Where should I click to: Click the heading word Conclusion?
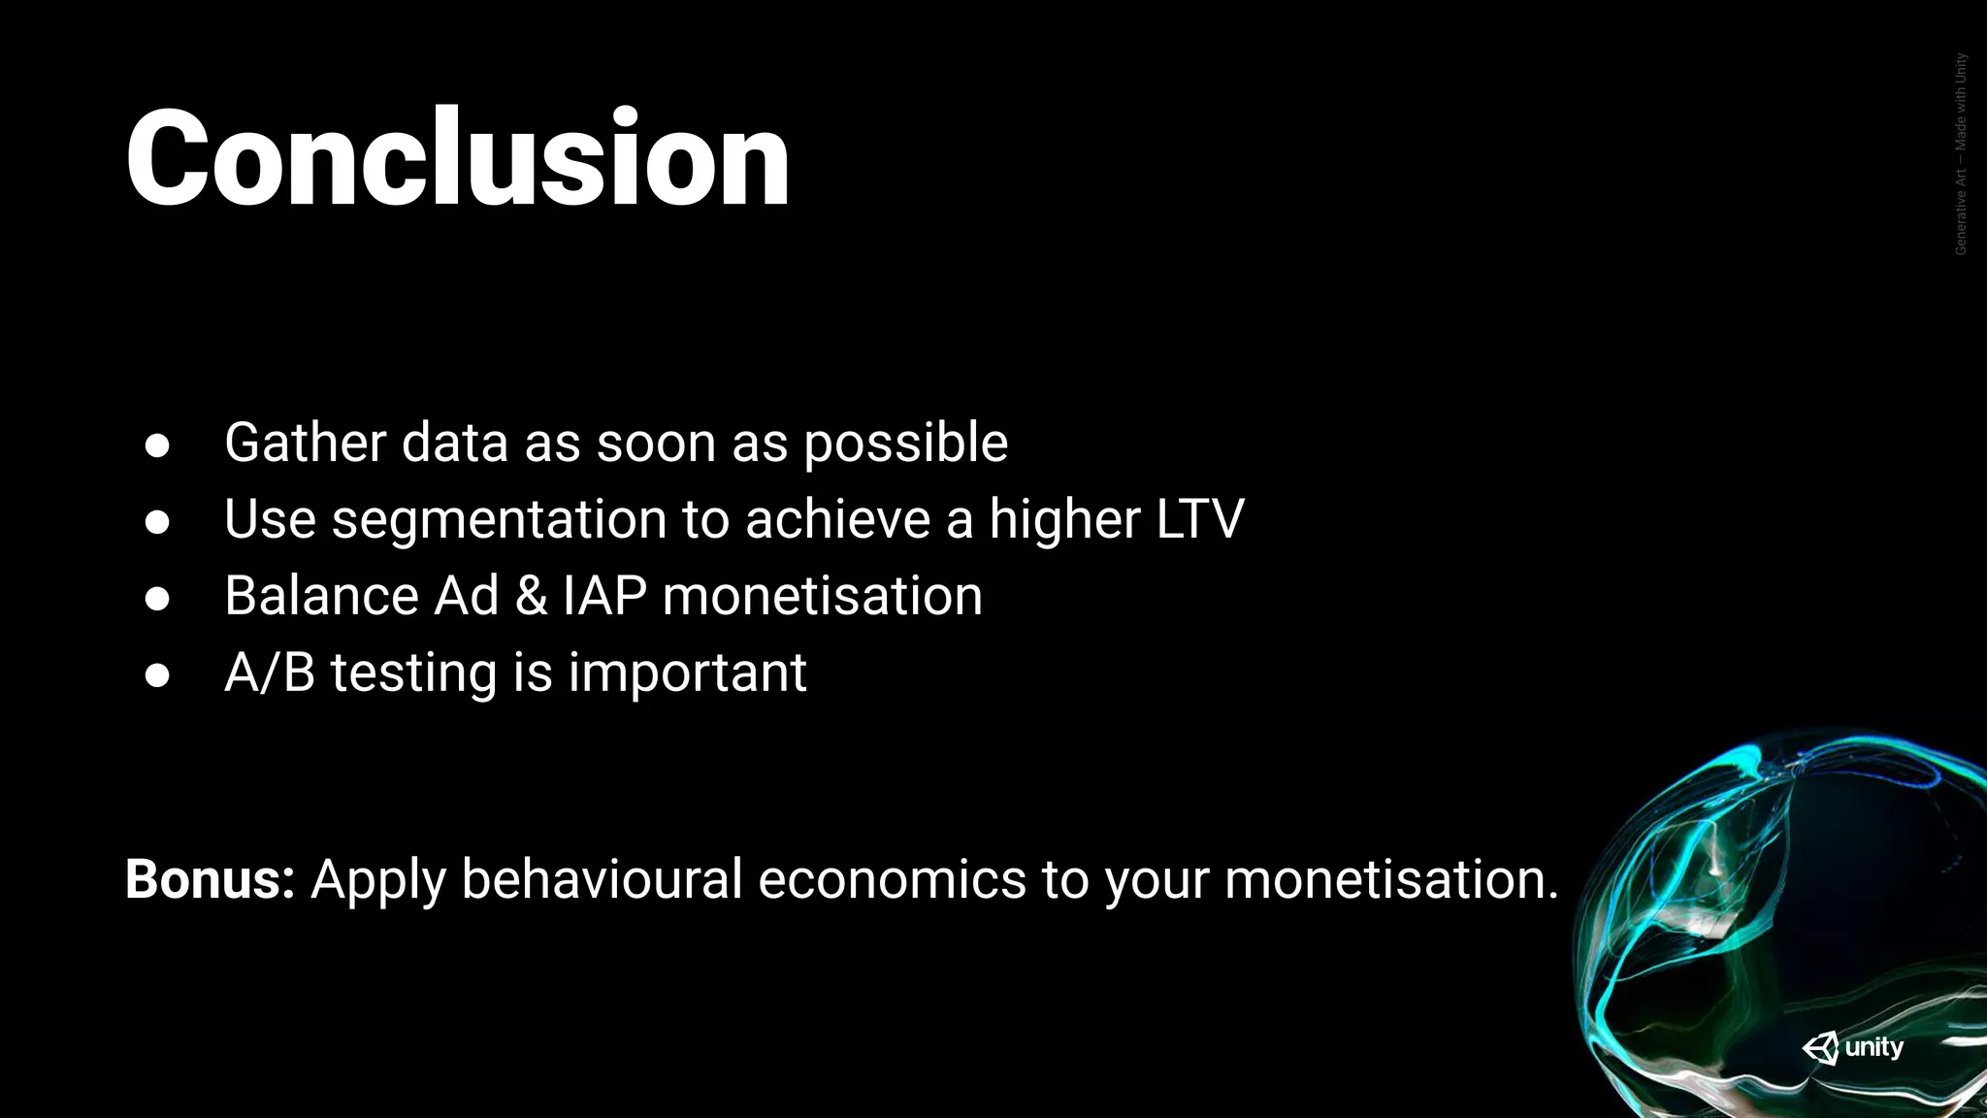457,158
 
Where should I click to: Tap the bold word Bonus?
210,879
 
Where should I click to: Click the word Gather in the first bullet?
305,444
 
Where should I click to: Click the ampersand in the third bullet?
531,596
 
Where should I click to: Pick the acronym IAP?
604,596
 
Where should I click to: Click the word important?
687,674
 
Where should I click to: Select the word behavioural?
602,879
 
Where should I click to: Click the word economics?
892,879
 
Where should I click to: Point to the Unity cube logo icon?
1820,1048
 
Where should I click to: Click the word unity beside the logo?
1873,1047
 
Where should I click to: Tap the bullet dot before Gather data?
157,445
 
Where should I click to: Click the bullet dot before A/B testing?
157,675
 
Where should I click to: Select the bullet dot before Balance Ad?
157,599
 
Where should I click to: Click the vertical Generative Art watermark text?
1961,154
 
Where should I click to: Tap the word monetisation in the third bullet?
822,596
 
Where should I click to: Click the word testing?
413,674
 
